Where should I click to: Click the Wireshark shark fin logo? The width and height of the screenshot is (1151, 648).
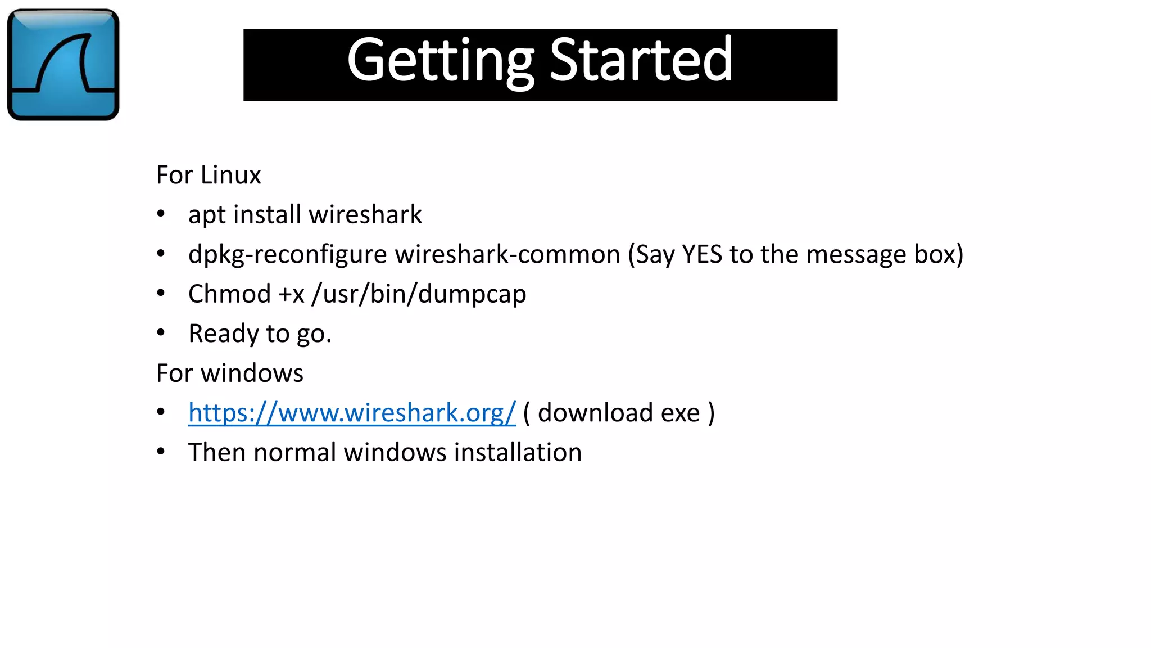tap(63, 64)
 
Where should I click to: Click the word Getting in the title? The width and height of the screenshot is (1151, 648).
tap(440, 60)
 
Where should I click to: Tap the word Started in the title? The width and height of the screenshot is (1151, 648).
tap(641, 59)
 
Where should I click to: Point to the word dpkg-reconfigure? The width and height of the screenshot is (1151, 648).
tap(287, 255)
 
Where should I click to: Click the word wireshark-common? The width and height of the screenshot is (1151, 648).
tap(507, 254)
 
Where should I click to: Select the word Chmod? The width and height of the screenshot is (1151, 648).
tap(229, 294)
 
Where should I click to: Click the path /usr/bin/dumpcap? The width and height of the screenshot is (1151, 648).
tap(419, 294)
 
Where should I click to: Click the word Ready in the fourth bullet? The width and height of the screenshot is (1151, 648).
tap(223, 334)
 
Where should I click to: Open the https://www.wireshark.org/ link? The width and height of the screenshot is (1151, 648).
tap(352, 413)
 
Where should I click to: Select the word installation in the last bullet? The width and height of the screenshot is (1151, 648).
tap(518, 452)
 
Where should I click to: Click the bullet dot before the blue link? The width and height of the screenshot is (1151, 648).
tap(161, 412)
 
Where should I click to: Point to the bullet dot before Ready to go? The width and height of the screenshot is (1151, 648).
tap(161, 333)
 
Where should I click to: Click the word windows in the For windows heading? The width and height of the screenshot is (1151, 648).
tap(252, 373)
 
